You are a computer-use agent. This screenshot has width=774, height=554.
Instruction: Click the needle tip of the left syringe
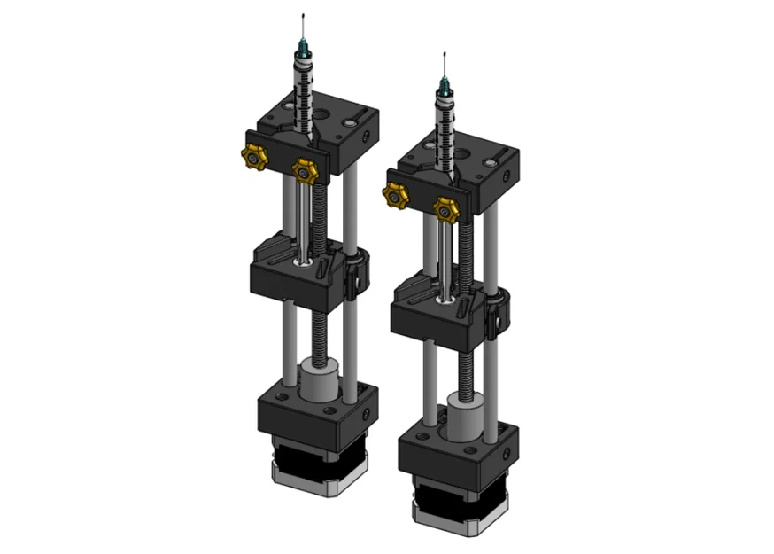pos(304,17)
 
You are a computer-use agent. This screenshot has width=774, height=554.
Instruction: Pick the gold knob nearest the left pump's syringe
pos(305,168)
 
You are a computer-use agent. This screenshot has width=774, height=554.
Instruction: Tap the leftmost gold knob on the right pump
pos(395,195)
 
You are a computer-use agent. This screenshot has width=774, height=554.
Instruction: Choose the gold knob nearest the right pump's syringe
pos(445,208)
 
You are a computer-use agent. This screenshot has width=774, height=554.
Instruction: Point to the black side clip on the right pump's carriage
pos(497,309)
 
